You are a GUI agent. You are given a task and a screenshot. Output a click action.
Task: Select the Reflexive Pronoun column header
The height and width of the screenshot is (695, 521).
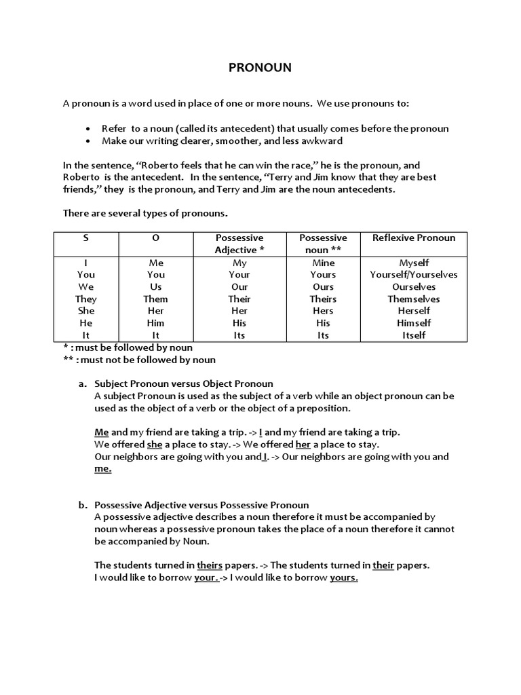point(414,238)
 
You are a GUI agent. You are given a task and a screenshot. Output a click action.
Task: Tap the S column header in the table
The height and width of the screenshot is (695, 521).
point(86,238)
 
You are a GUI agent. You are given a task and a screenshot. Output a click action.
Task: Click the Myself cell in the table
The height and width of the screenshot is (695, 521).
point(414,263)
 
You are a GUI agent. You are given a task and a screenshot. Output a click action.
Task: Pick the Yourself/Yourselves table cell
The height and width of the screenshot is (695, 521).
point(414,275)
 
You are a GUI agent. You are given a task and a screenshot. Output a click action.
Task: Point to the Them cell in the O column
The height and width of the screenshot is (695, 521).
point(156,299)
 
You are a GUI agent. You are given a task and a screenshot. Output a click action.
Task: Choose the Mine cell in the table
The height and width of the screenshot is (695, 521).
point(324,263)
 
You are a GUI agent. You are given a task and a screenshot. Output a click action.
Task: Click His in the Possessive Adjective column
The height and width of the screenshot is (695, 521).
point(239,324)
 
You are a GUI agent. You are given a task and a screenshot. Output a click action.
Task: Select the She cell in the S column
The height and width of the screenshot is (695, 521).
point(86,312)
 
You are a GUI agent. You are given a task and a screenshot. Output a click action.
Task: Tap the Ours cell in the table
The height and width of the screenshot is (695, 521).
point(324,287)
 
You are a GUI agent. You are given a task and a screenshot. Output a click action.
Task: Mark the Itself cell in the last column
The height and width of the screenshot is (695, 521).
point(414,336)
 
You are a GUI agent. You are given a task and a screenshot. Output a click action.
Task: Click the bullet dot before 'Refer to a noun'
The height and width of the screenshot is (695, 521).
point(89,129)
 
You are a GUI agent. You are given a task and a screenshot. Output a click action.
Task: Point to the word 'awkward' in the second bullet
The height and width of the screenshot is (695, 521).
point(323,141)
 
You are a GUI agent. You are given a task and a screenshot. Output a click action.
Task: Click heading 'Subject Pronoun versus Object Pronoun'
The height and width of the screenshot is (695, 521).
point(183,383)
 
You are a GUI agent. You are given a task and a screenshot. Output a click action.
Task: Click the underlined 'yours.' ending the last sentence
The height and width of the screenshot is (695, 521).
point(344,578)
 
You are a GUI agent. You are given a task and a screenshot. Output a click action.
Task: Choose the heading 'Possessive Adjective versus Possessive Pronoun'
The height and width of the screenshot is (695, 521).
point(201,505)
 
